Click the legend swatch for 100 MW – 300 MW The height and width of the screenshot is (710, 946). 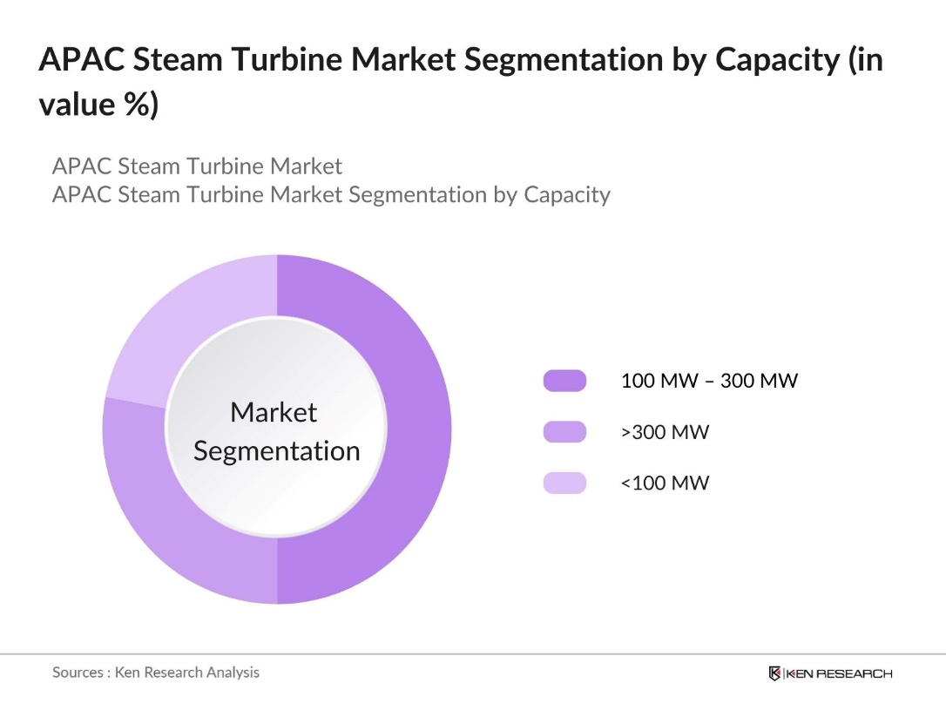coord(564,381)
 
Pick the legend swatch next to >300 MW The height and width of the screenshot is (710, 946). coord(564,431)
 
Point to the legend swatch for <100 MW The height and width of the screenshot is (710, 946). coord(564,483)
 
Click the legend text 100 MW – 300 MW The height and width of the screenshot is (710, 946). coord(708,381)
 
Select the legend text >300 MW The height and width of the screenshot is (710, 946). coord(665,431)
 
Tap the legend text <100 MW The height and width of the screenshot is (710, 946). coord(665,483)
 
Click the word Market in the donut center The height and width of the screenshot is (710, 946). coord(274,412)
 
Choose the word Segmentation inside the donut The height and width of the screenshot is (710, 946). coord(276,451)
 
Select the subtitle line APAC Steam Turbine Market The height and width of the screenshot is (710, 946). coord(197,166)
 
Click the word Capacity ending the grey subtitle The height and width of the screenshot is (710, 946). coord(566,194)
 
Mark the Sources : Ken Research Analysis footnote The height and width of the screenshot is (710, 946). coord(156,672)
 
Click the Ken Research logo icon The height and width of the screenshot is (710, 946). coord(774,673)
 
